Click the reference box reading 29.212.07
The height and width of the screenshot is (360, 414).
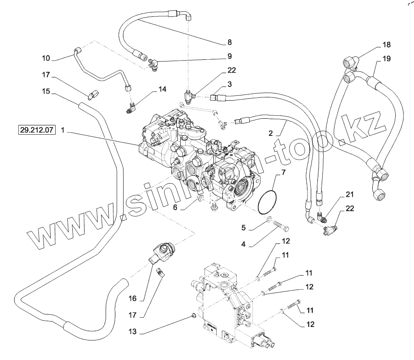coord(36,130)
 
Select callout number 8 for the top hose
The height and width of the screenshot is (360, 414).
coord(229,42)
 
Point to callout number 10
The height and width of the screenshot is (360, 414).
coord(46,57)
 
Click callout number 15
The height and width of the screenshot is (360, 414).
coord(46,91)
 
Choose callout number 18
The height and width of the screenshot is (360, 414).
coord(386,45)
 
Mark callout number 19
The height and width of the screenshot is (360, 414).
coord(386,59)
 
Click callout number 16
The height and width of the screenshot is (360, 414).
coord(133,299)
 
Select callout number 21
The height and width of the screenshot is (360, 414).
coord(350,194)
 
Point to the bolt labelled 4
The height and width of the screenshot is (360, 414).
coord(281,229)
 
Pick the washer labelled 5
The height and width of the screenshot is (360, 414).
coord(269,219)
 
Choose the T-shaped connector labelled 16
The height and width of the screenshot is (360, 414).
coord(160,253)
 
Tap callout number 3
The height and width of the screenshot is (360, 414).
coord(230,84)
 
